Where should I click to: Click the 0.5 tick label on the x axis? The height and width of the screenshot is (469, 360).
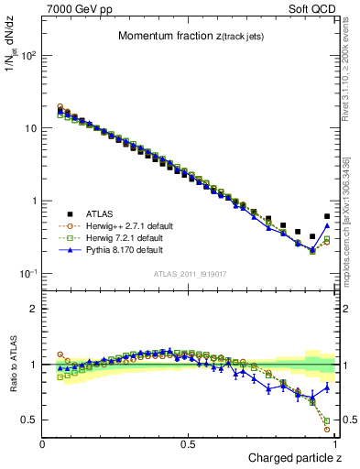189,443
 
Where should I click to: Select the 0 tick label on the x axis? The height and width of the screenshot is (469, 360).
43,443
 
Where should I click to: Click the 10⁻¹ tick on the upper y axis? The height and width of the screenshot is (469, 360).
27,274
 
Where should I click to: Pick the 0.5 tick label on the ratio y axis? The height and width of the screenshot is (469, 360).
29,420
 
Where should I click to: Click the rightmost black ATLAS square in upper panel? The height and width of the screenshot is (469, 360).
327,217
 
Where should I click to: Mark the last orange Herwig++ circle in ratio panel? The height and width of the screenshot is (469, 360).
327,429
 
